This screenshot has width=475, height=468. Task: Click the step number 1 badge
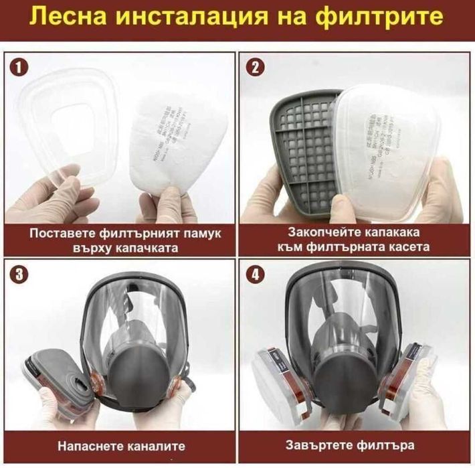pyautogui.click(x=21, y=68)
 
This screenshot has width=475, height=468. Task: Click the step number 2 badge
pyautogui.click(x=257, y=68)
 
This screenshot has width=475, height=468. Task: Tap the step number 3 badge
pyautogui.click(x=21, y=275)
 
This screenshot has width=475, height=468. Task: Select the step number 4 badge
pyautogui.click(x=257, y=275)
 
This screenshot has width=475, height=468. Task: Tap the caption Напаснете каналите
pyautogui.click(x=120, y=445)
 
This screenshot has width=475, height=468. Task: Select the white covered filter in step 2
pyautogui.click(x=388, y=147)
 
